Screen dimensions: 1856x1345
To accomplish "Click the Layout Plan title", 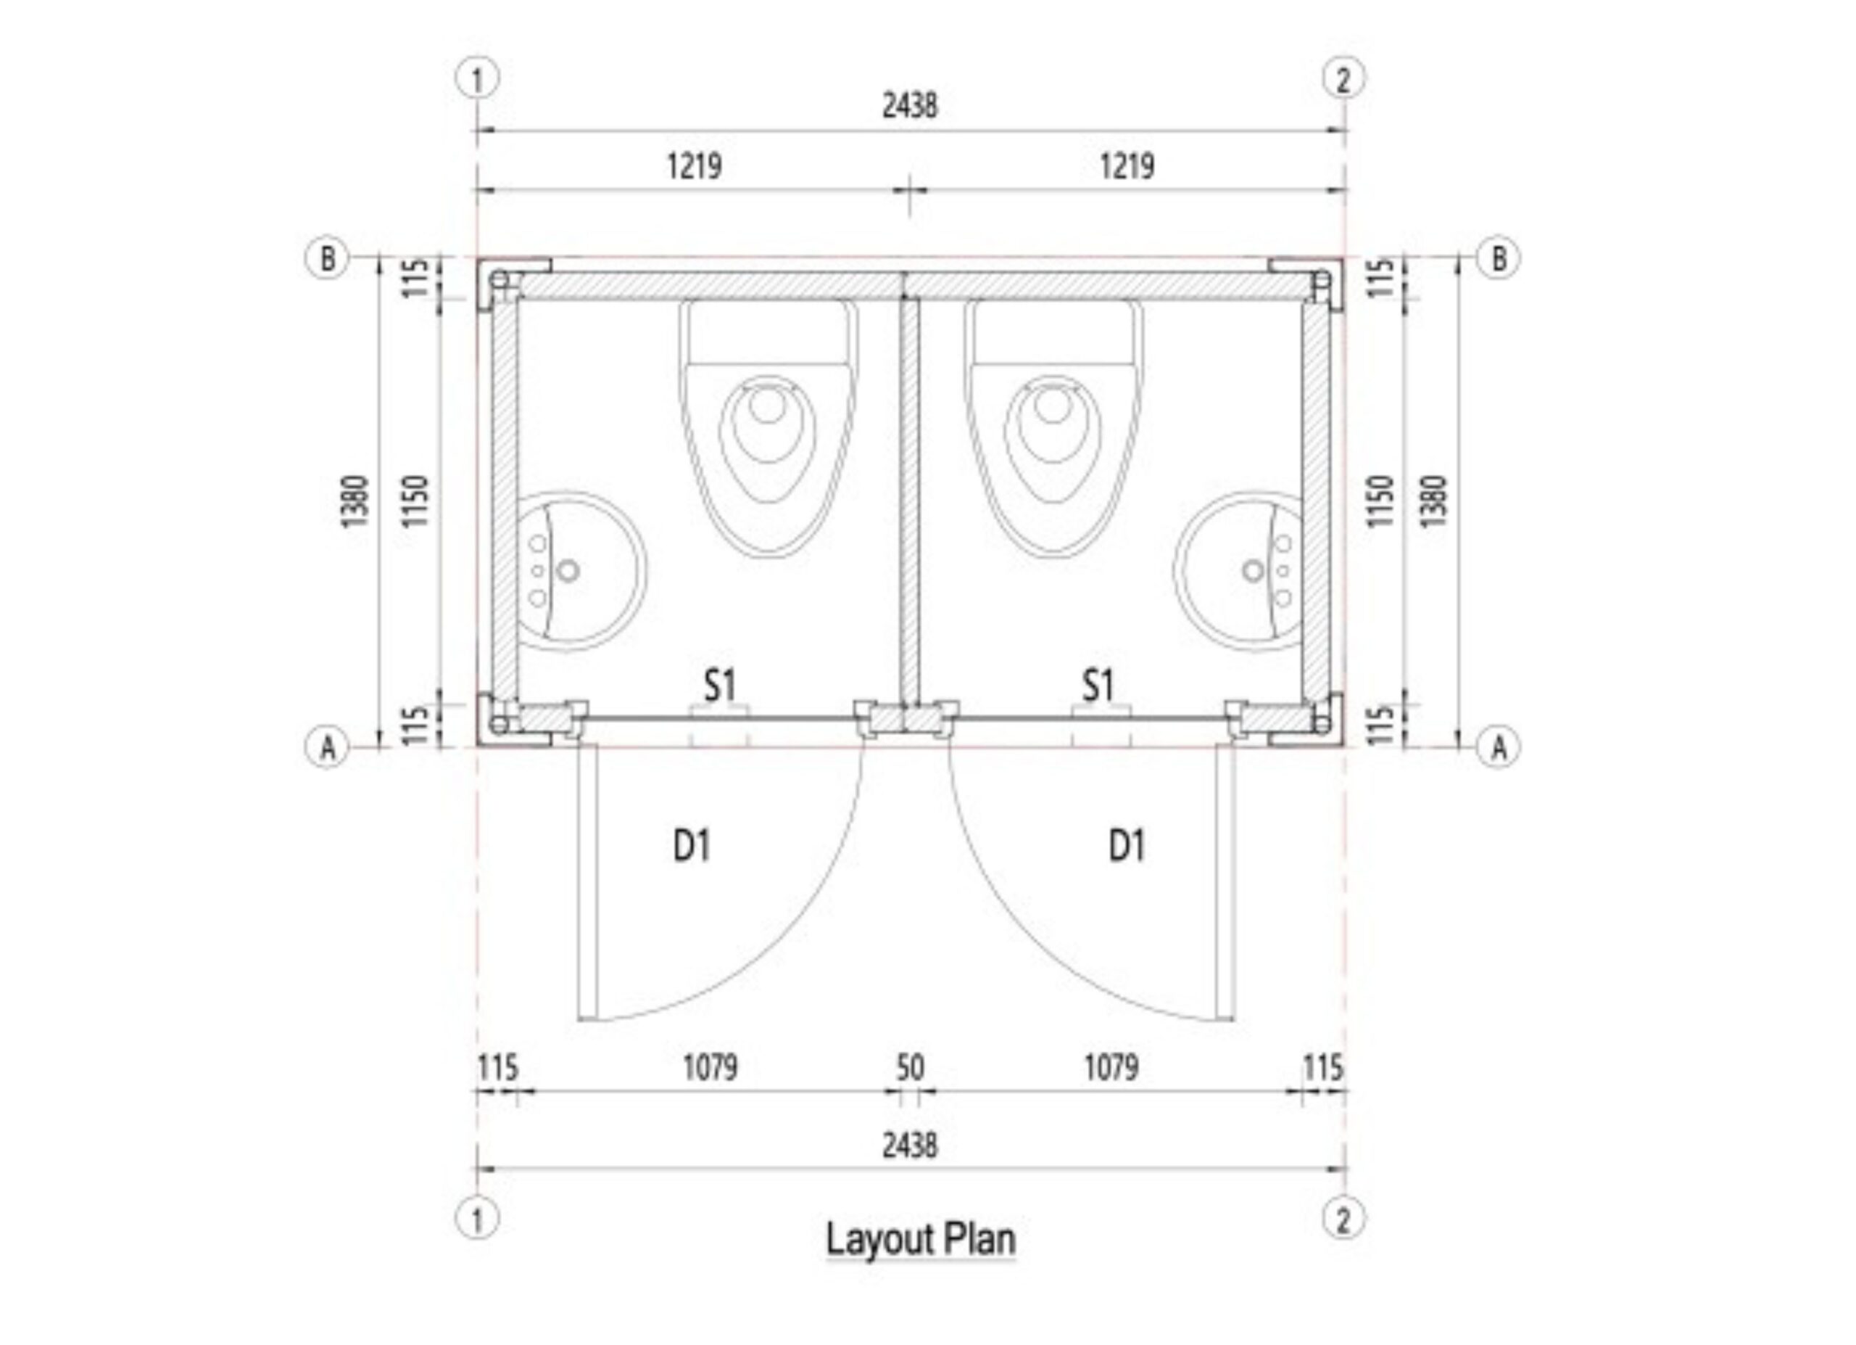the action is [921, 1238].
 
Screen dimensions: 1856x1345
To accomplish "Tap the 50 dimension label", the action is [910, 1067].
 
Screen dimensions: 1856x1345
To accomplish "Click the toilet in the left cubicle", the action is [768, 428].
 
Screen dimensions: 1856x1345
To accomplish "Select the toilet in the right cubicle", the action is [1053, 428].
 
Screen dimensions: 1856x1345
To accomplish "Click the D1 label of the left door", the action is [692, 845].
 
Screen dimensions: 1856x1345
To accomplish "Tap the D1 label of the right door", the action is [1127, 845].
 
